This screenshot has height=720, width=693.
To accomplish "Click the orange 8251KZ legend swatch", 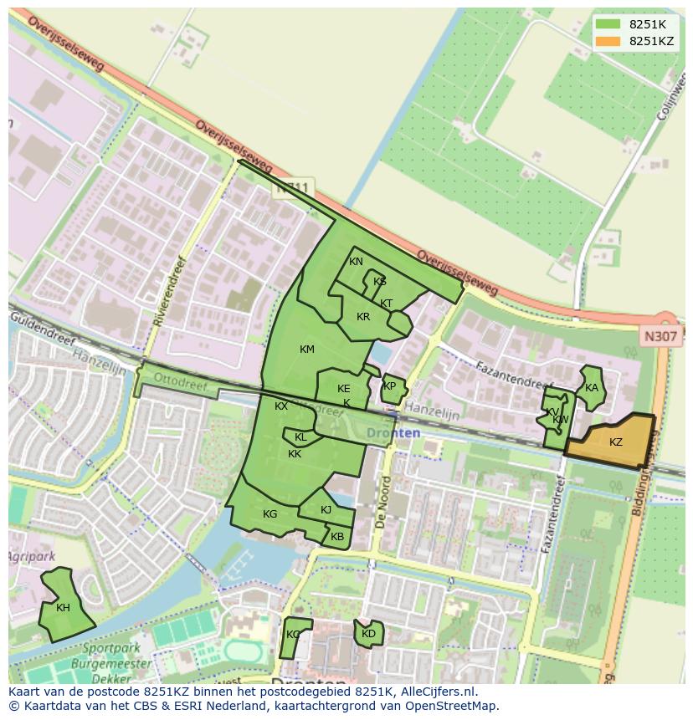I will (x=608, y=41).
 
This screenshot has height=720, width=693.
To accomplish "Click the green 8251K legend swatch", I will (x=608, y=24).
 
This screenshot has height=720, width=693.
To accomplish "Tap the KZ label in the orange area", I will (x=615, y=442).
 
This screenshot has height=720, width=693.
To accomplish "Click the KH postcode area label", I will (x=63, y=608).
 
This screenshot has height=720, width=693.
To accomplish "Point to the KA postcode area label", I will (x=592, y=387).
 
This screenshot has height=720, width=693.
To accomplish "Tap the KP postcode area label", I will (x=389, y=386).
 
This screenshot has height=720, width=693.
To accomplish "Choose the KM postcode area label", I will (x=307, y=349).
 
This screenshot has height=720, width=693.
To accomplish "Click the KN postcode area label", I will (x=356, y=262).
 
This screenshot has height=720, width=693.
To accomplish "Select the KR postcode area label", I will (x=363, y=317).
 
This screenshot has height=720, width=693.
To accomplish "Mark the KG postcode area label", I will (x=269, y=514).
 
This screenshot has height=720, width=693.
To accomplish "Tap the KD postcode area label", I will (x=368, y=634).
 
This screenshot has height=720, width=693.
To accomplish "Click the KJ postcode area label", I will (x=326, y=510).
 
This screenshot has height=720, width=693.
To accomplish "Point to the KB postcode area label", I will (x=336, y=537).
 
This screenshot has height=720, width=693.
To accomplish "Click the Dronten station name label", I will (x=393, y=432).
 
